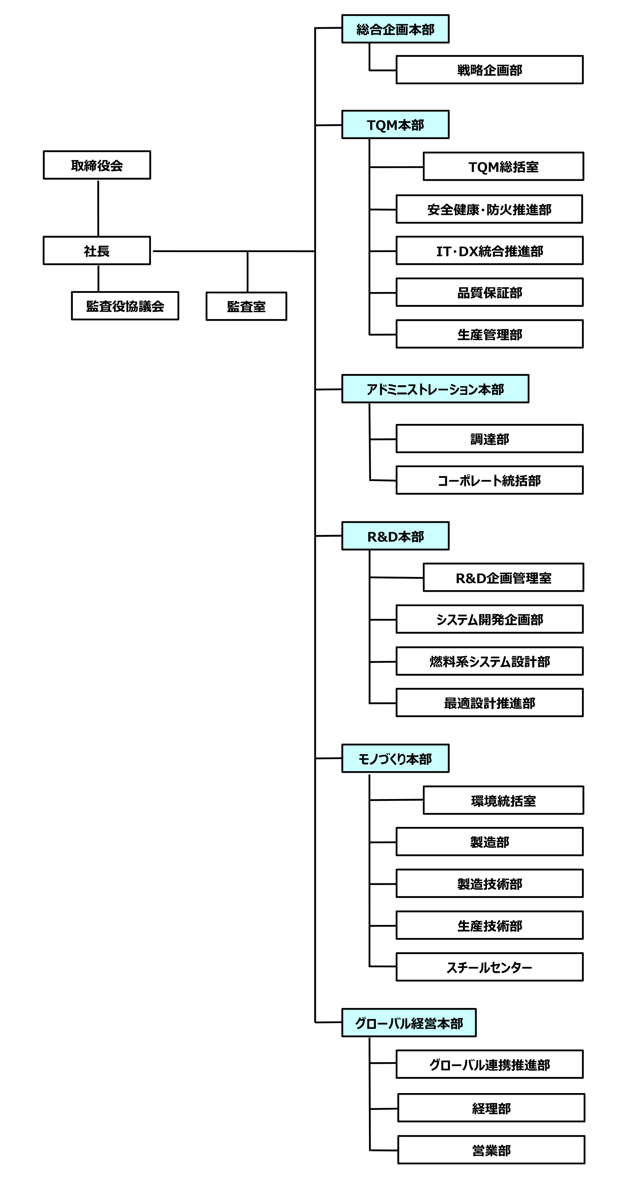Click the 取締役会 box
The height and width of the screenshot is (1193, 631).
click(x=97, y=165)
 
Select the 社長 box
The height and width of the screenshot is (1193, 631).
click(x=97, y=250)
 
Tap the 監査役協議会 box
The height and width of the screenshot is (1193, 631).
click(x=125, y=306)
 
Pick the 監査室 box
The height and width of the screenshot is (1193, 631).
click(x=246, y=306)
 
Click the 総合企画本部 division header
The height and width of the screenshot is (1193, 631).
click(x=395, y=29)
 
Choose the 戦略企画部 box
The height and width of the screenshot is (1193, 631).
click(x=489, y=70)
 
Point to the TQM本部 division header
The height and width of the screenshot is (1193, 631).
click(x=395, y=125)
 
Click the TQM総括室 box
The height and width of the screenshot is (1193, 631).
click(x=503, y=166)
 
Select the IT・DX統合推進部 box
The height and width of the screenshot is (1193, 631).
click(x=489, y=250)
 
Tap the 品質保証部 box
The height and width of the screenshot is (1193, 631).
click(x=489, y=292)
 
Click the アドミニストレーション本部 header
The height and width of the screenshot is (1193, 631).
click(x=435, y=389)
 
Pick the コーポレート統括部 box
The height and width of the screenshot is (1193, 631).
click(x=489, y=480)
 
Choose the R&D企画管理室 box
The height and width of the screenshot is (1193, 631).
click(x=503, y=577)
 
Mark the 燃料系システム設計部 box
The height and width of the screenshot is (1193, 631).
click(x=489, y=661)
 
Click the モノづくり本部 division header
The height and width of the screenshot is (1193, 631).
click(x=395, y=758)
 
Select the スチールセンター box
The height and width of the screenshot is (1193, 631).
click(x=489, y=967)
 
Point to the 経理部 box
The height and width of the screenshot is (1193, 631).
click(x=491, y=1108)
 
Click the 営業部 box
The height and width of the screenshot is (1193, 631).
click(x=491, y=1149)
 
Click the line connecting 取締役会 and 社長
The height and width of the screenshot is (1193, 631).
click(x=98, y=208)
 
